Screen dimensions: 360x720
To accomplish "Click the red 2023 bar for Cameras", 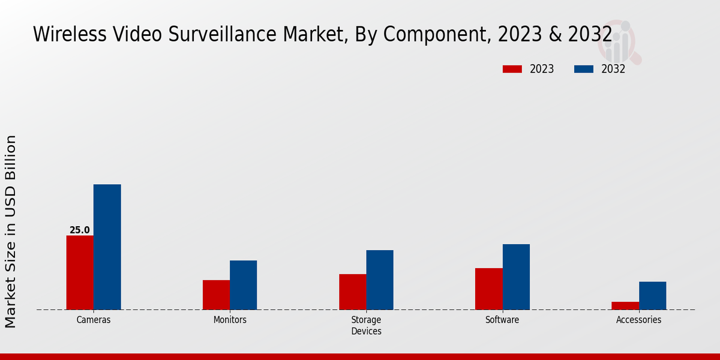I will [80, 272].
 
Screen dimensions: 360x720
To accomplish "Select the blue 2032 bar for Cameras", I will [107, 247].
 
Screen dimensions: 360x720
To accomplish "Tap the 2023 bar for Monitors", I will [216, 295].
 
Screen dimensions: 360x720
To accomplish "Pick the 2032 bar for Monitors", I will [243, 285].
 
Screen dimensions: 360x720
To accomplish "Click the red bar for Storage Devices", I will [352, 292].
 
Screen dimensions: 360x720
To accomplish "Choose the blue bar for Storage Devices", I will [380, 280].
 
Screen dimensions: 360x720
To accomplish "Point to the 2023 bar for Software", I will [488, 289].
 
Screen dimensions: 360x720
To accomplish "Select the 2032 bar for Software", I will [516, 277].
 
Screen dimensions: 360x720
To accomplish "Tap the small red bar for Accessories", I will [625, 305].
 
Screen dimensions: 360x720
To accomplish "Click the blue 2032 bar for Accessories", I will [652, 296].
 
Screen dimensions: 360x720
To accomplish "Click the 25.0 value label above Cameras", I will [80, 230].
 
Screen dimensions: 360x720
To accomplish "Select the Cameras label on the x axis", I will [94, 320].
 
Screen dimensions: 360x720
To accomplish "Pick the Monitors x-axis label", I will [230, 320].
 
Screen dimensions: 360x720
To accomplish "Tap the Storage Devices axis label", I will [366, 325].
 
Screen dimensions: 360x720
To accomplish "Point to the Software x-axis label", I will [502, 320].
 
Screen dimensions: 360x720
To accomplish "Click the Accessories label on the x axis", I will [638, 320].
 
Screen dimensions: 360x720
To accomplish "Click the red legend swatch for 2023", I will [512, 69].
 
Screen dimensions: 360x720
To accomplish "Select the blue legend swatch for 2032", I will [584, 69].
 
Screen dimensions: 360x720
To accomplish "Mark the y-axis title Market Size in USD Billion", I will [11, 231].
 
